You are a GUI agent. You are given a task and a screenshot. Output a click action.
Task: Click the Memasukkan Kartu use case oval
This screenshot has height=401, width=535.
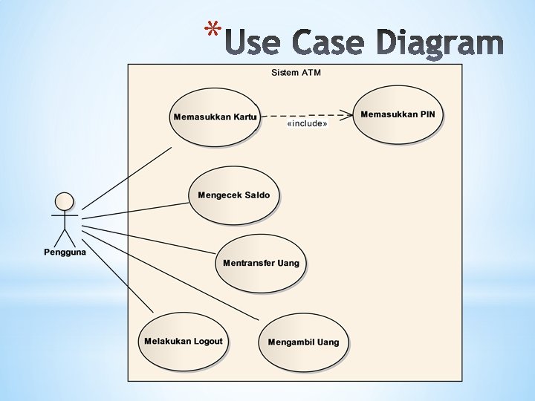tap(214, 117)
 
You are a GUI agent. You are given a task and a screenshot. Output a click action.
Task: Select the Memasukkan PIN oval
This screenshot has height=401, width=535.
tap(398, 114)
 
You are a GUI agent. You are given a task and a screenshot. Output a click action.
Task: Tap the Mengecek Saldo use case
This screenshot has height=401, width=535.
tap(233, 195)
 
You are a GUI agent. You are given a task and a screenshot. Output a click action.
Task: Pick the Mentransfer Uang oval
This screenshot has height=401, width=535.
tap(261, 264)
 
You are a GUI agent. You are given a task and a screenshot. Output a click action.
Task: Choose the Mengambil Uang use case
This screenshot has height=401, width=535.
tap(302, 342)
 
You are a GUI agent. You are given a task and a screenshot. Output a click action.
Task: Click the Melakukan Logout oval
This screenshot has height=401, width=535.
tap(183, 342)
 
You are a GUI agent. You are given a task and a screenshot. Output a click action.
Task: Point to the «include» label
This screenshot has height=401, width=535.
tap(306, 124)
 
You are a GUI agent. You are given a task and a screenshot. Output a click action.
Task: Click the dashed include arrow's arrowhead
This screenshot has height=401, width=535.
tap(347, 114)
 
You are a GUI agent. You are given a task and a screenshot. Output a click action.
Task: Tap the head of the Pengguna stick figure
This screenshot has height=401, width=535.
tap(65, 200)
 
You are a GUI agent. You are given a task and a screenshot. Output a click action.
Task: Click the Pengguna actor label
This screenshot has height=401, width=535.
tap(65, 252)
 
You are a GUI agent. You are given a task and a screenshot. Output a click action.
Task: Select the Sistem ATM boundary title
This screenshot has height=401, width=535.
tap(296, 73)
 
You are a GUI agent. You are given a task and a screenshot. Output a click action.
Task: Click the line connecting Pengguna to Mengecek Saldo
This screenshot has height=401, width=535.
tap(134, 209)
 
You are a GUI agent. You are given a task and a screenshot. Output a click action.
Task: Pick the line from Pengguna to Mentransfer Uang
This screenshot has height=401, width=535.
tap(149, 239)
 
